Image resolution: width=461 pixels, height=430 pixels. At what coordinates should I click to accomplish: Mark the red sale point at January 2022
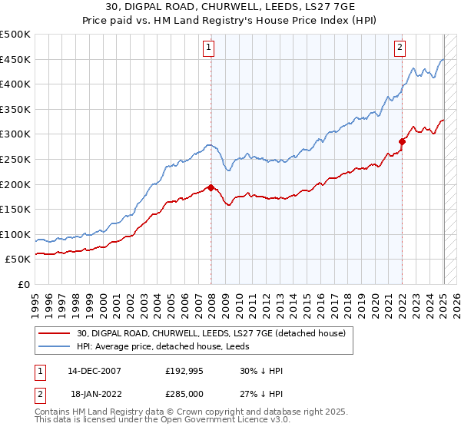[x=402, y=141]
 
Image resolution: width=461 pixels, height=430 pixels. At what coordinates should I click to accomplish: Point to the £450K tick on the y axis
[x=16, y=60]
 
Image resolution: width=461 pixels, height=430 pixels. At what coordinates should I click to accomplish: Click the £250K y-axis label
[x=16, y=159]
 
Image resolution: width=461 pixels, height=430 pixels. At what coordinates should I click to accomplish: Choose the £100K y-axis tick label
[x=16, y=234]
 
